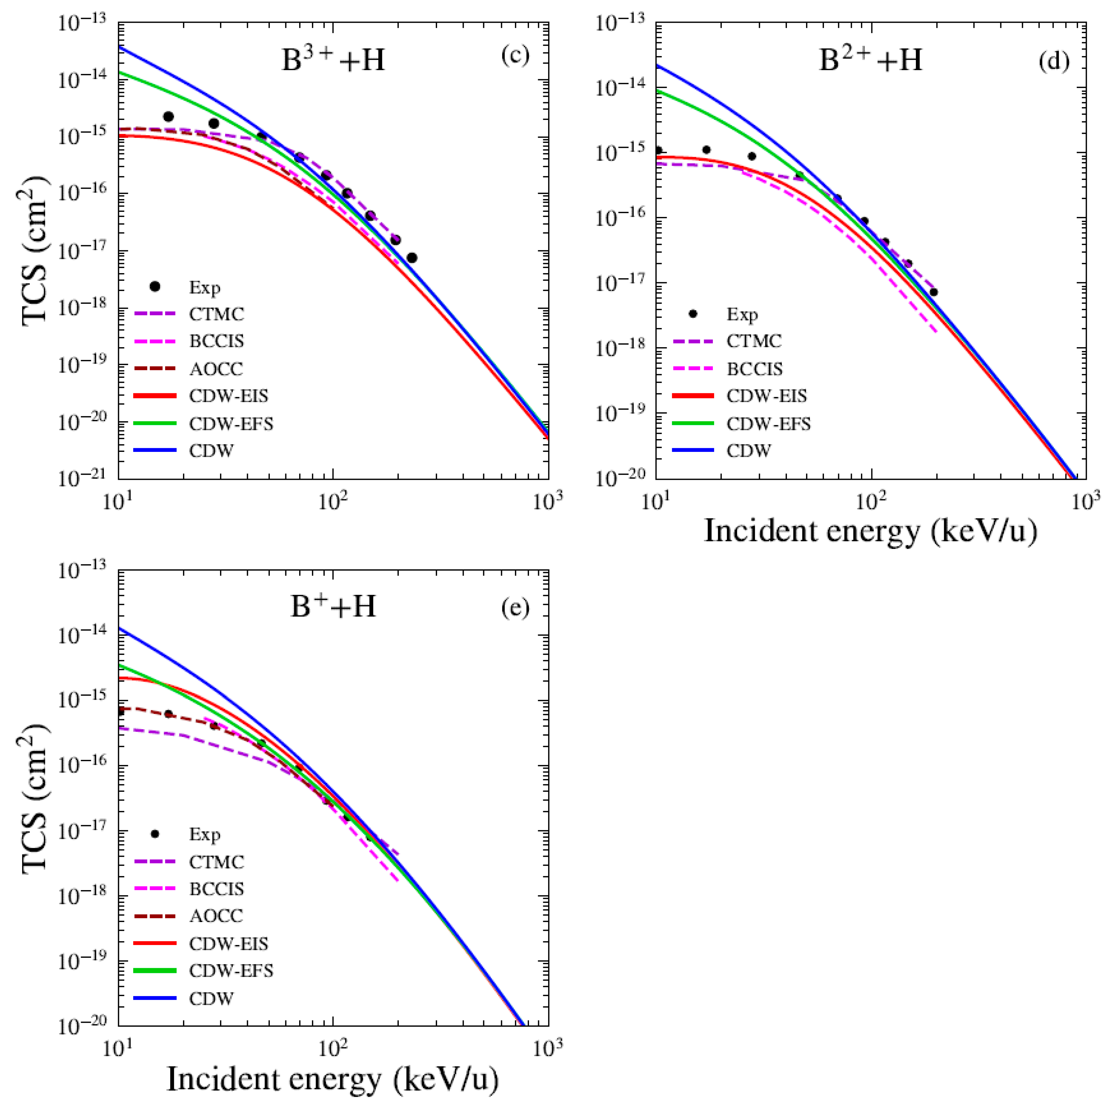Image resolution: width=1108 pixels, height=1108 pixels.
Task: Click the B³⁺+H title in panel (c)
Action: click(x=333, y=60)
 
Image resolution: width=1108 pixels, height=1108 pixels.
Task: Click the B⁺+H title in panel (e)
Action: click(x=333, y=606)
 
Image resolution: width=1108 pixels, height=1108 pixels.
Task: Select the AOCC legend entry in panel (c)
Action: click(x=216, y=369)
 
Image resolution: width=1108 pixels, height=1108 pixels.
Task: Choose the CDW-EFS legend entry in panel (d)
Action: click(x=768, y=424)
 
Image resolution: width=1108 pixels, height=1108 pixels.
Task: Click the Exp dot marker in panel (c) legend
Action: click(x=155, y=286)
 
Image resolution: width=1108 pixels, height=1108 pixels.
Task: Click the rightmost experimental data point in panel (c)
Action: click(x=412, y=258)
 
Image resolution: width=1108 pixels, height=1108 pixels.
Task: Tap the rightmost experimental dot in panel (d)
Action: click(x=934, y=292)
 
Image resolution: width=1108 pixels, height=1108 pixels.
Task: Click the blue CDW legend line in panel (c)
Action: click(x=155, y=451)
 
